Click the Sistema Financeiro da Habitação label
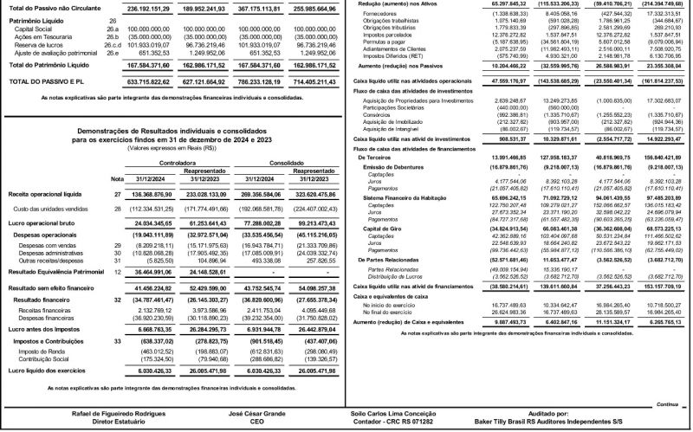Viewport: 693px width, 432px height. [x=411, y=247]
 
